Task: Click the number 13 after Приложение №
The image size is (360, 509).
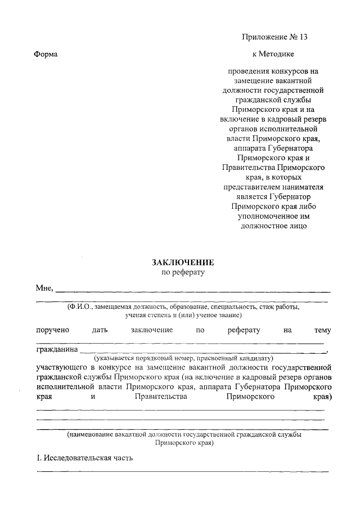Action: click(304, 38)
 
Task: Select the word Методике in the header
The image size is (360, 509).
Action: click(278, 55)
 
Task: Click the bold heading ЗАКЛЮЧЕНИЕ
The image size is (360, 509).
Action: click(183, 262)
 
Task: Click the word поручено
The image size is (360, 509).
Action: click(51, 330)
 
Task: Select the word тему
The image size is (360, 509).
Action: click(322, 330)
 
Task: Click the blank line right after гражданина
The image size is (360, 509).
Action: click(202, 353)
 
